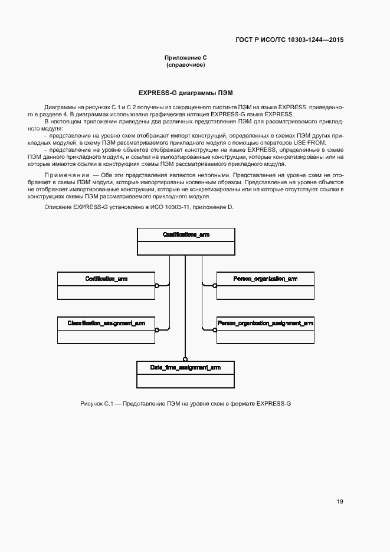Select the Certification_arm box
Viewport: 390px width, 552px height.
click(x=106, y=285)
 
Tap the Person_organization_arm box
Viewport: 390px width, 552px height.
click(x=265, y=285)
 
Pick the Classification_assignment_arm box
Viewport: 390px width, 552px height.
click(x=106, y=330)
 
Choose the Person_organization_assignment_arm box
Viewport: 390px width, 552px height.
click(x=265, y=330)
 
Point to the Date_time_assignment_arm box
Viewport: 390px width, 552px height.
click(x=185, y=374)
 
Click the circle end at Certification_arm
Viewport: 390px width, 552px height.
click(x=157, y=285)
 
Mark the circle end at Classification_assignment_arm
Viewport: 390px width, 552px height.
click(x=157, y=329)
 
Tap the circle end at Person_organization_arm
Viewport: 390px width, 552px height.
click(x=214, y=285)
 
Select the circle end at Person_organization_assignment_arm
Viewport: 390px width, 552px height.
click(x=214, y=329)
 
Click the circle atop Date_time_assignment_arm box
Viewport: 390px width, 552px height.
click(x=185, y=358)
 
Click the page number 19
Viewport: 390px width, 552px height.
click(x=340, y=502)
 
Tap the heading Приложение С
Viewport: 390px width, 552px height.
click(x=186, y=57)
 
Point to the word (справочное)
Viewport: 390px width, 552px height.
click(x=186, y=65)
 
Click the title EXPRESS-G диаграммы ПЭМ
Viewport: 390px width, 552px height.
click(x=186, y=93)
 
